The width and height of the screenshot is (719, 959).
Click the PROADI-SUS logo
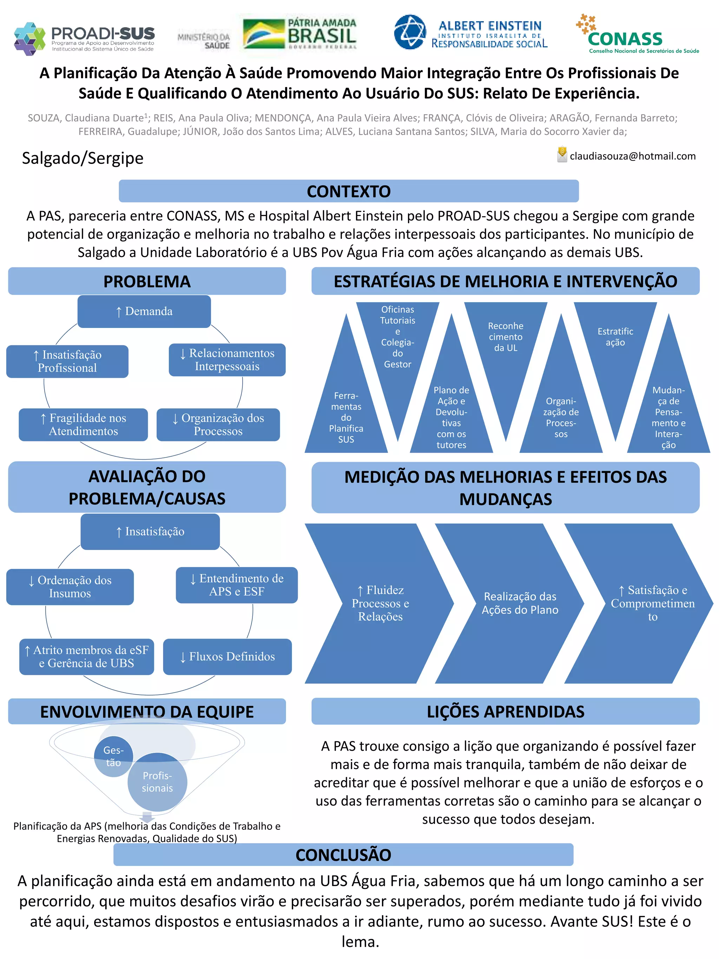[84, 38]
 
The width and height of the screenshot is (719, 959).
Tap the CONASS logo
[637, 35]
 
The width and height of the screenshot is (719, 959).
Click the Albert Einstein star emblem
[410, 32]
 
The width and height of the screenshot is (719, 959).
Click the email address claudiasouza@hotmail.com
[632, 156]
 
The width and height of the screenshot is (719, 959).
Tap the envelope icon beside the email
[562, 155]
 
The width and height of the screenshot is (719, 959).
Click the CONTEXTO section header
[349, 191]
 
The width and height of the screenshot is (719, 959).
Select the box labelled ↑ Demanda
[144, 311]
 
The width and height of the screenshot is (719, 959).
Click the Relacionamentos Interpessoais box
[227, 360]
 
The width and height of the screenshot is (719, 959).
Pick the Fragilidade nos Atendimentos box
[83, 425]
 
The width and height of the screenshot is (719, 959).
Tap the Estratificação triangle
[615, 342]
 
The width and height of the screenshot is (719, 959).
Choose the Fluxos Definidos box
[227, 656]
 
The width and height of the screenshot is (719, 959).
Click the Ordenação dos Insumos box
[70, 586]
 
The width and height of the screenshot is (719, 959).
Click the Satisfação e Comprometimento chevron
[650, 603]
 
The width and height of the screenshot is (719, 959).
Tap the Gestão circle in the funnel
[113, 756]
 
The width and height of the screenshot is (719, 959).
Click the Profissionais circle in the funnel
[157, 782]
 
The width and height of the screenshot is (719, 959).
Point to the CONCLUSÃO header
[343, 854]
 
